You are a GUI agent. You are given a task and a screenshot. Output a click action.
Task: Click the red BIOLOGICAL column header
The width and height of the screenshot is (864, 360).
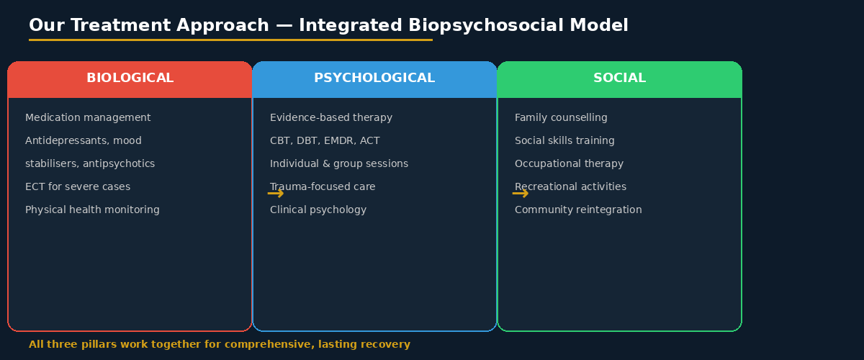pos(130,78)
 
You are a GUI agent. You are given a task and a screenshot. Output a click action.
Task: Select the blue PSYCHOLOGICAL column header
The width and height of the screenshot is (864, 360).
pos(374,78)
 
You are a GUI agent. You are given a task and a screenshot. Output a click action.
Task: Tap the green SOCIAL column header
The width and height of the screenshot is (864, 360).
pos(619,78)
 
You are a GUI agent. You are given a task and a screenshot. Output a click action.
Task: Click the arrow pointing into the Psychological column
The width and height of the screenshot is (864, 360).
pos(275,194)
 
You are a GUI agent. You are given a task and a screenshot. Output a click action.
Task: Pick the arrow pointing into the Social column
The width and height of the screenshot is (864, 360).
pos(520,194)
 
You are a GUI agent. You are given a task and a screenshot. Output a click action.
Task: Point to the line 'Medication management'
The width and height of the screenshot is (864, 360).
pos(88,118)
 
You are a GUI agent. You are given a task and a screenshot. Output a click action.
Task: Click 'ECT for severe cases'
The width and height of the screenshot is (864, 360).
pos(78,187)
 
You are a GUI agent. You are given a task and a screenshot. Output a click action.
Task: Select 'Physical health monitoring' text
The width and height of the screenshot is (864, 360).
pos(92,210)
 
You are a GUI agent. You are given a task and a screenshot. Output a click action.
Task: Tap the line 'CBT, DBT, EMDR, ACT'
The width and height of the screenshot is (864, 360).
pos(325,141)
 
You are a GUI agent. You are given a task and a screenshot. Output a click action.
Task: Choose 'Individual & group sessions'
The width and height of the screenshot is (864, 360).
pos(339,164)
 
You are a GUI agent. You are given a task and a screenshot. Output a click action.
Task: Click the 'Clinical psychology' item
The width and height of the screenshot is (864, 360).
pos(318,210)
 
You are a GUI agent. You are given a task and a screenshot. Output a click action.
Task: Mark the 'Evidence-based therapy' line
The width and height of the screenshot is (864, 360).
pos(331,118)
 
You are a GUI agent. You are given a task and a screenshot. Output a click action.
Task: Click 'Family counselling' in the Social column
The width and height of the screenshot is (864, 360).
pos(561,118)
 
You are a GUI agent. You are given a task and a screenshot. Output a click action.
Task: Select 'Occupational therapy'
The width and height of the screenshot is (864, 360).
pos(569,164)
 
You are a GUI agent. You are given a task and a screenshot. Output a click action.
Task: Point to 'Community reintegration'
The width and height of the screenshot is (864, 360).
pos(578,210)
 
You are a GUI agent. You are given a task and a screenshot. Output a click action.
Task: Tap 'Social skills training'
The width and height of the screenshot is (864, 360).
pos(564,141)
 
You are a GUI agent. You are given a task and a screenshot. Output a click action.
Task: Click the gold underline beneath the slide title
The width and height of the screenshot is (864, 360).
pos(230,40)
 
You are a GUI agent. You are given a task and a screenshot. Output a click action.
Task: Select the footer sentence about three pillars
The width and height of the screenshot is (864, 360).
pos(220,345)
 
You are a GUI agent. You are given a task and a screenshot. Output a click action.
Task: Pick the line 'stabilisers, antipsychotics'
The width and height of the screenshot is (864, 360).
pos(90,164)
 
